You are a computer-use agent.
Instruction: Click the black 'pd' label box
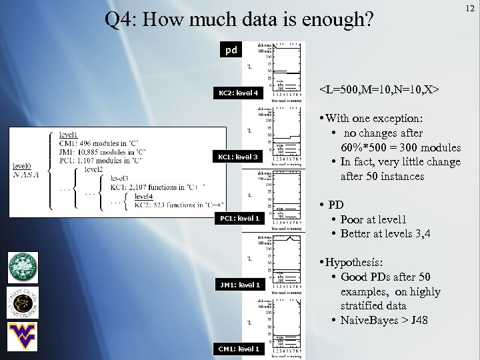click(x=231, y=50)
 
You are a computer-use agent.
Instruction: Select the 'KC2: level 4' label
click(x=238, y=93)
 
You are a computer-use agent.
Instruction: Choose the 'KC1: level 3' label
click(x=238, y=157)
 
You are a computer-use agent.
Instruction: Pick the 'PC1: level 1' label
click(x=238, y=218)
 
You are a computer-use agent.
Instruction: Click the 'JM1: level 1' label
click(x=238, y=285)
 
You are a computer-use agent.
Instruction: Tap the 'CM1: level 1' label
click(x=238, y=349)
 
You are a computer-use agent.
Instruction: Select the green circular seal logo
click(x=22, y=268)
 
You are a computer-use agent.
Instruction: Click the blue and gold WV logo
click(x=22, y=334)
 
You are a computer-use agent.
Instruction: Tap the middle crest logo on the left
click(x=21, y=301)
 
